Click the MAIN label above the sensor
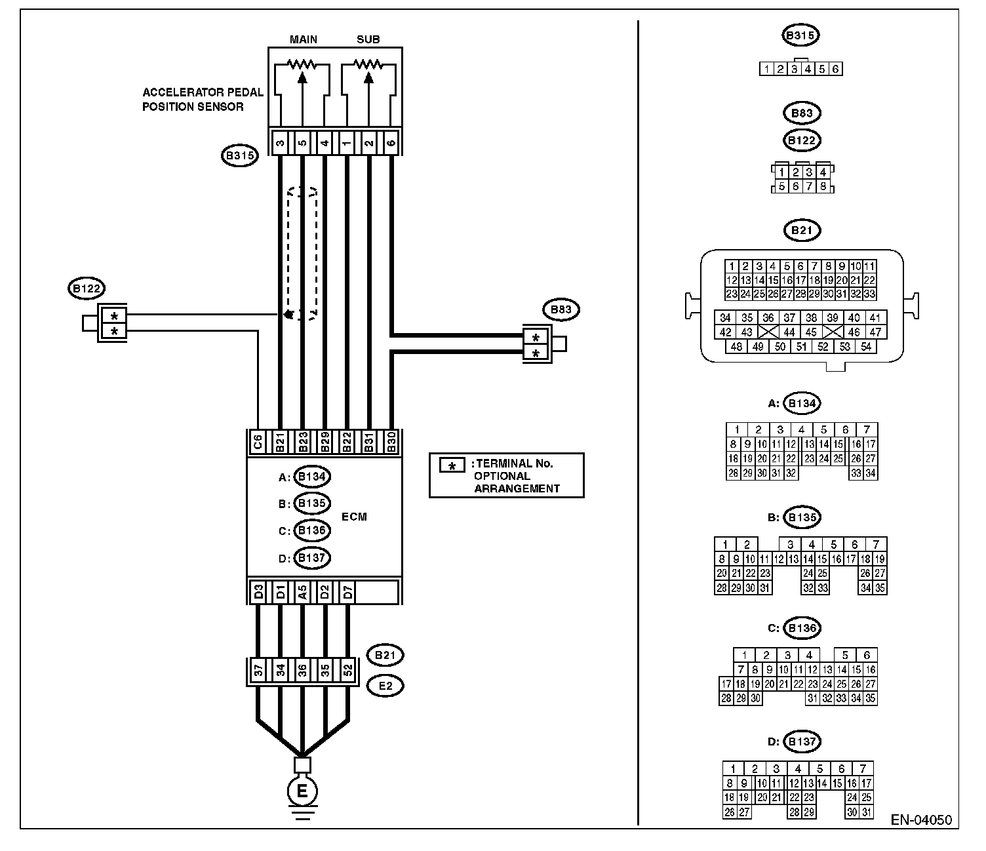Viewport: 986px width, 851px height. pyautogui.click(x=304, y=39)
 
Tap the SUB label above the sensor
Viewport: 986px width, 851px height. pyautogui.click(x=368, y=39)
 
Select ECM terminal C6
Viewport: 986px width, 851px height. pyautogui.click(x=258, y=442)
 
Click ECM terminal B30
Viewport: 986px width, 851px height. pyautogui.click(x=391, y=442)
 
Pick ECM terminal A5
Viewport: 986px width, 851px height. pyautogui.click(x=302, y=592)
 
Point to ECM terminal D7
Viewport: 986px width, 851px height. pyautogui.click(x=347, y=592)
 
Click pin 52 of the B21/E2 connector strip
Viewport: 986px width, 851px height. pyautogui.click(x=347, y=670)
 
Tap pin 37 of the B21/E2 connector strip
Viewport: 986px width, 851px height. pyautogui.click(x=258, y=670)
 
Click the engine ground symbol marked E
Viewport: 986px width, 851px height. pyautogui.click(x=302, y=791)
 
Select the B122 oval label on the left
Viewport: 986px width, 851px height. pyautogui.click(x=87, y=288)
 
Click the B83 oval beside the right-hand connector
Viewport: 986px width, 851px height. pyautogui.click(x=561, y=309)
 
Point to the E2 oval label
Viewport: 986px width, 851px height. pyautogui.click(x=385, y=686)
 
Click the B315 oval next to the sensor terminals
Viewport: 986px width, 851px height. pyautogui.click(x=239, y=155)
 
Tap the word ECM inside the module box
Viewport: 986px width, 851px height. pyautogui.click(x=354, y=517)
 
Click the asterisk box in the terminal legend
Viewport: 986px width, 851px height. pyautogui.click(x=452, y=465)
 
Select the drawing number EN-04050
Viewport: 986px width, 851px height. pyautogui.click(x=921, y=820)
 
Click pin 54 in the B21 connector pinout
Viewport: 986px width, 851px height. pyautogui.click(x=866, y=347)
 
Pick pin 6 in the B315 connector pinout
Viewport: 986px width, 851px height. pyautogui.click(x=835, y=69)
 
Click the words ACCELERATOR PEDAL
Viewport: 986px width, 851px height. pyautogui.click(x=203, y=92)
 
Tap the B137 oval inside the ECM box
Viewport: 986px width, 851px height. pyautogui.click(x=311, y=558)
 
